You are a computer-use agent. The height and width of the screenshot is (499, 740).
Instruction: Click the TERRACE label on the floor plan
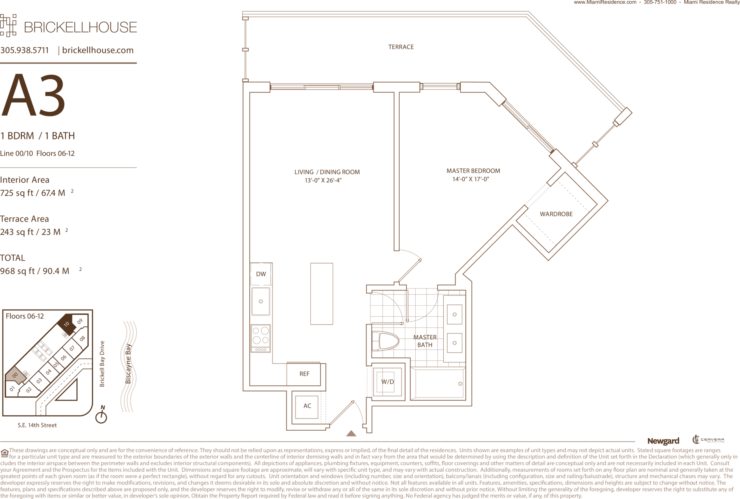coord(401,47)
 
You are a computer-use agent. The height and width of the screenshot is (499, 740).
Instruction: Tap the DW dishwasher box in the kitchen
coord(261,274)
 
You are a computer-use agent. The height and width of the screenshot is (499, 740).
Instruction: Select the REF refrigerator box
coord(304,374)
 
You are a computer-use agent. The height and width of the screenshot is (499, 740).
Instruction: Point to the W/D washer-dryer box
coord(388,382)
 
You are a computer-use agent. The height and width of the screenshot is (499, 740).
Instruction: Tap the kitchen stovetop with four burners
coord(261,339)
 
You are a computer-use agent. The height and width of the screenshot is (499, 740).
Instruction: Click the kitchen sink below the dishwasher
coord(261,301)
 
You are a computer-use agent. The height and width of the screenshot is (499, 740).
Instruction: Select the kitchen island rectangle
coord(322,294)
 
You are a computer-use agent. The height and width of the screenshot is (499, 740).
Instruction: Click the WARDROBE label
coord(556,214)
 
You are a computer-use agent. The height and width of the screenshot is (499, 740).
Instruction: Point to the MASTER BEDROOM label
coord(473,171)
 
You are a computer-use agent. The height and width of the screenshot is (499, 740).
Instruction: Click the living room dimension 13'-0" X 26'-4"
coord(323,180)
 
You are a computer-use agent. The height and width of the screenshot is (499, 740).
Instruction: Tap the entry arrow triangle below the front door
coord(351,433)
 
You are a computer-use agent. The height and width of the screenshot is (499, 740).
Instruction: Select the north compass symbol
coord(101,415)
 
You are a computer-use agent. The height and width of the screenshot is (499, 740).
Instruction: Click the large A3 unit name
coord(33,95)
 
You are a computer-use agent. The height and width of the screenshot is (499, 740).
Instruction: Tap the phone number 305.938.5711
coord(25,50)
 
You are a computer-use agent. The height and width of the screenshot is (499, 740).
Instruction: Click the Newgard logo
coord(663,441)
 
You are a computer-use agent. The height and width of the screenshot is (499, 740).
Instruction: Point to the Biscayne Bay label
coord(128,364)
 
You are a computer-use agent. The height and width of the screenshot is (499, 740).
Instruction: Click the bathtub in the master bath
coord(438,383)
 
